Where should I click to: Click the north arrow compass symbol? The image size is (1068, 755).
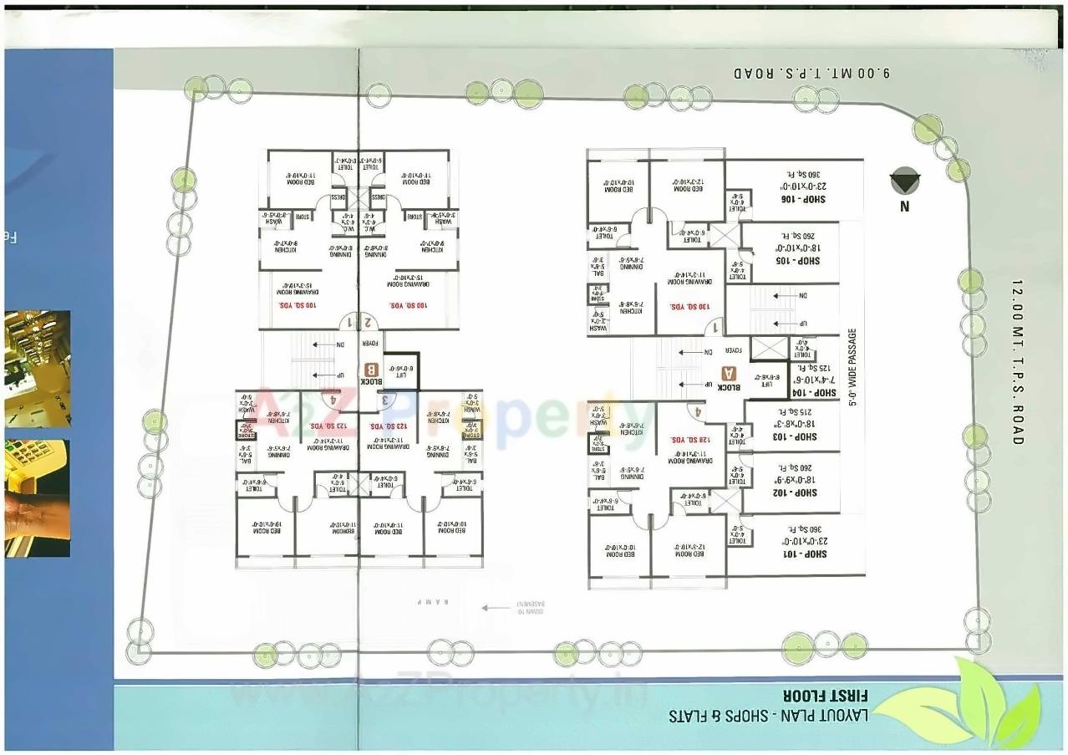pos(904,181)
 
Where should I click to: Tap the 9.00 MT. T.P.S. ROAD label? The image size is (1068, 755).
pos(812,73)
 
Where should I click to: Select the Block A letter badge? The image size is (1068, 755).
pos(730,374)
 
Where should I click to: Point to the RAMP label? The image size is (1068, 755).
pos(435,602)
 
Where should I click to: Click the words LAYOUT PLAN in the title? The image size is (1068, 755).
pos(827,717)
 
